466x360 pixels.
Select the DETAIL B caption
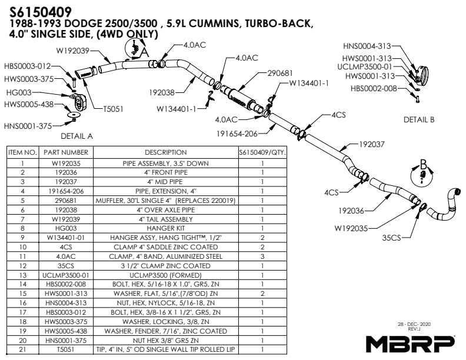[x=418, y=119]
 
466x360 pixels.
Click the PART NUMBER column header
[x=66, y=152]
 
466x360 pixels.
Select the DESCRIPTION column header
[x=165, y=152]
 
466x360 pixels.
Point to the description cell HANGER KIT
[x=165, y=227]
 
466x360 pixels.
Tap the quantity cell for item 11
[x=262, y=256]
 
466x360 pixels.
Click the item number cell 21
[x=22, y=349]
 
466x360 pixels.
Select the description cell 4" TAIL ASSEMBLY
[x=165, y=219]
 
